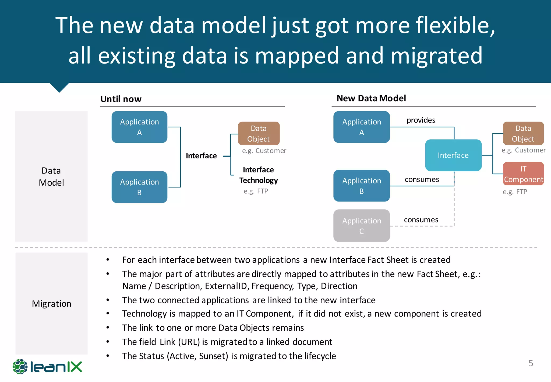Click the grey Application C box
pos(361,225)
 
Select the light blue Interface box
pos(453,155)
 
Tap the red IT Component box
pos(523,174)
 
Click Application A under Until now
pos(139,127)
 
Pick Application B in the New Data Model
pos(361,186)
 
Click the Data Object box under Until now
pos(259,133)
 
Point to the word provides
pos(421,120)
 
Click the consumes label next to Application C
pos(421,220)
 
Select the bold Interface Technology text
pos(258,175)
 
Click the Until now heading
pos(121,99)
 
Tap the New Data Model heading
pos(371,98)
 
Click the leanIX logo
pos(47,367)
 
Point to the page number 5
pos(531,363)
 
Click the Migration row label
pos(51,304)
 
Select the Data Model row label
pos(51,176)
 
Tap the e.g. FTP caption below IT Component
pos(515,192)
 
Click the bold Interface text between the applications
pos(201,156)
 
